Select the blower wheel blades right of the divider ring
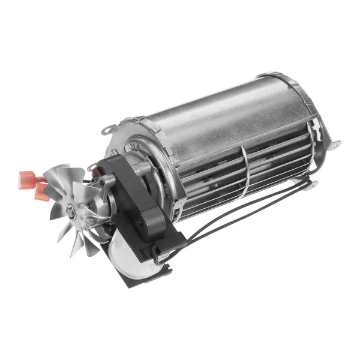pos(276,159)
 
